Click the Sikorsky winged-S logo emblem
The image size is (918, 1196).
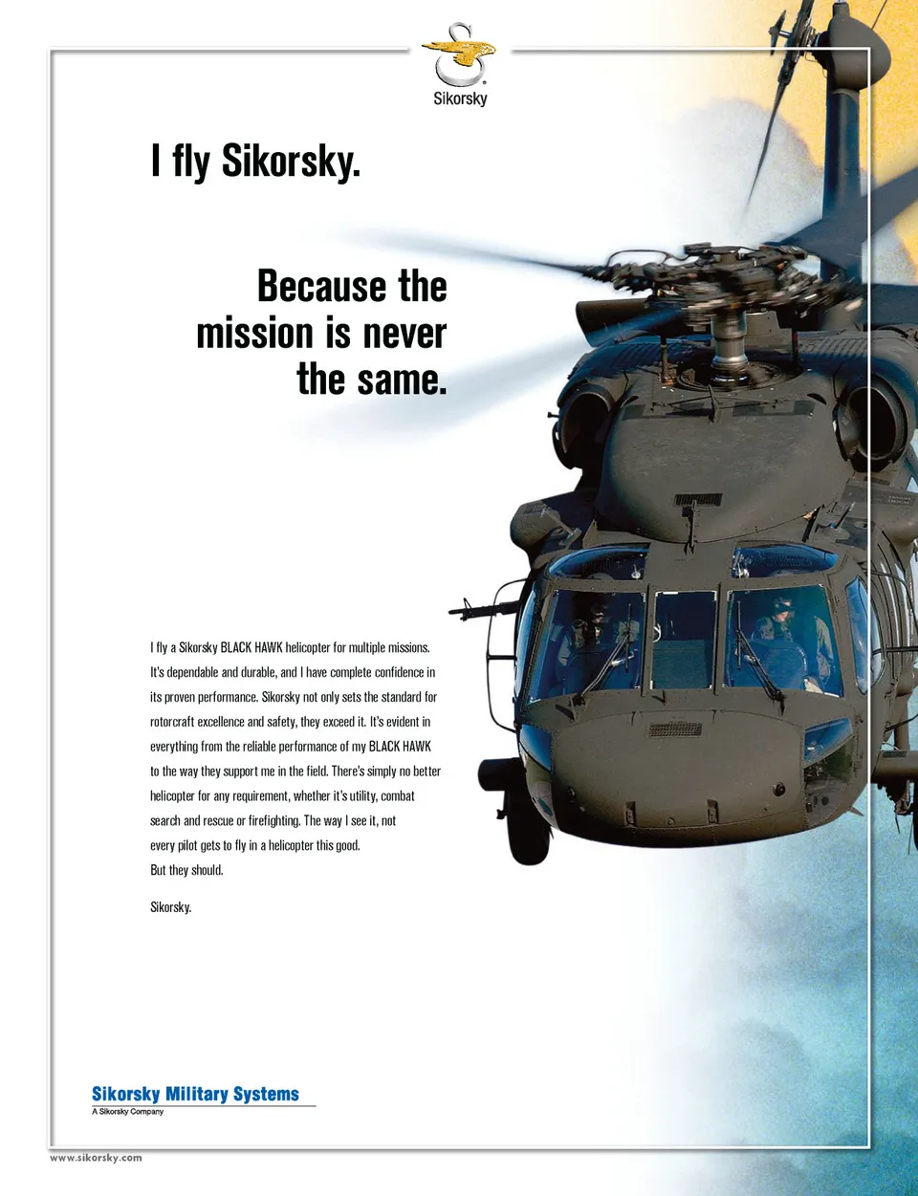[x=460, y=54]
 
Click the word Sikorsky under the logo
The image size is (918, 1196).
[x=460, y=98]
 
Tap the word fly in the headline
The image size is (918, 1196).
[x=191, y=162]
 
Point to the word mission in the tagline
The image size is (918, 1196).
[x=254, y=334]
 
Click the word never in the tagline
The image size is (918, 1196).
[x=404, y=334]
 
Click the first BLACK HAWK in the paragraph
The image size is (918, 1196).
[x=251, y=647]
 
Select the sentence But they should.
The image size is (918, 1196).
[x=186, y=870]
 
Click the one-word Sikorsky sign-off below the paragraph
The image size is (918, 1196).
[x=170, y=906]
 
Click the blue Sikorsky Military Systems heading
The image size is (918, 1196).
[x=195, y=1094]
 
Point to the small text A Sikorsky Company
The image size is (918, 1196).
[x=127, y=1112]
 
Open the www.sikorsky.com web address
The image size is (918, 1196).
[x=96, y=1158]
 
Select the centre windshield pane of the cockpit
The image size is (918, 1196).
[x=683, y=638]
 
